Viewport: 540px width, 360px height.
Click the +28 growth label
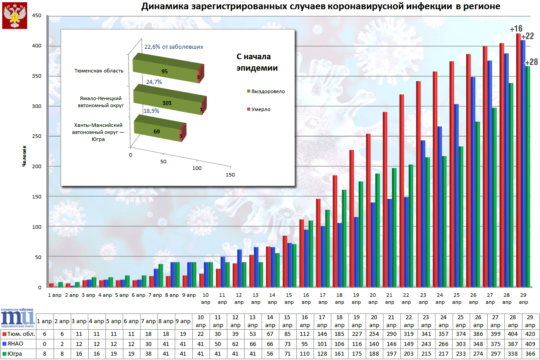(532, 62)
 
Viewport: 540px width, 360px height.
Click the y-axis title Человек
(25, 156)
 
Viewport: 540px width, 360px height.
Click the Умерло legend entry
(261, 109)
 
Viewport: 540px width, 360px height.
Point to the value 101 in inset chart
(166, 103)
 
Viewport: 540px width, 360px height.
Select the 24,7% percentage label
(154, 82)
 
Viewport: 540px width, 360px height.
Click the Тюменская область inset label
(99, 71)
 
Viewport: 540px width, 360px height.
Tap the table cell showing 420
(529, 335)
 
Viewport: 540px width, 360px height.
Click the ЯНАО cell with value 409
(529, 344)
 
